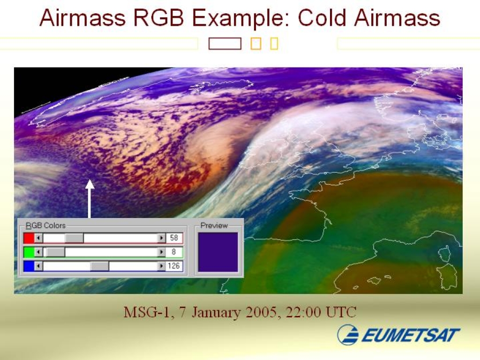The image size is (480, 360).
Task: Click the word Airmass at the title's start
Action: coord(82,17)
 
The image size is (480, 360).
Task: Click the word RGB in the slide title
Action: coord(158,17)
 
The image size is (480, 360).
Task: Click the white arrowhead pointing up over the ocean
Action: coord(90,184)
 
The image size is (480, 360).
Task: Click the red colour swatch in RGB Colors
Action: coord(29,238)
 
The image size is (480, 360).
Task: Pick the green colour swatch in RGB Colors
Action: coord(29,252)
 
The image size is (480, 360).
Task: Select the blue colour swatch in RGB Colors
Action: coord(29,266)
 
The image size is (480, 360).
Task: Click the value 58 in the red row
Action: coord(174,238)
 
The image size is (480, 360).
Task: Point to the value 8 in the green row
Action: coord(173,252)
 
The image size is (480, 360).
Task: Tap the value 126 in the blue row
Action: coord(173,266)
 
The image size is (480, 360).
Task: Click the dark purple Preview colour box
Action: coord(218,252)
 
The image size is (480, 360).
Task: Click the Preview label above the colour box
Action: coord(214,225)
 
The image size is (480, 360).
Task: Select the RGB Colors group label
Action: coord(45,225)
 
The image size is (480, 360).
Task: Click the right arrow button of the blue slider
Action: coord(161,266)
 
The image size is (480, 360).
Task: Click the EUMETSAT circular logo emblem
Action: coord(348,335)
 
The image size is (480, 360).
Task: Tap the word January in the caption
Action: coord(216,313)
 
